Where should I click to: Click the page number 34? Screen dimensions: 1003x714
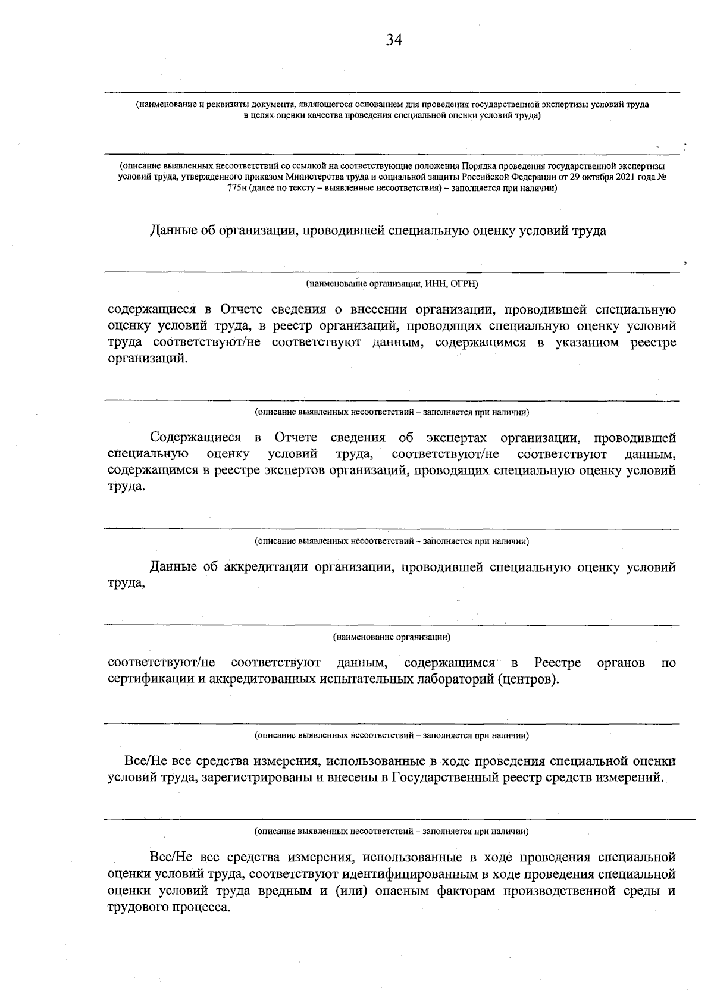tap(394, 40)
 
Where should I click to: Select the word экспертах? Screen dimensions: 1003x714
tap(459, 438)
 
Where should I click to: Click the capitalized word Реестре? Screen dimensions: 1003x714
tap(557, 663)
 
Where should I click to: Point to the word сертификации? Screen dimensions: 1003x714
tap(148, 679)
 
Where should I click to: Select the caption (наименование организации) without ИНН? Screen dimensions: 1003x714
tap(392, 637)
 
